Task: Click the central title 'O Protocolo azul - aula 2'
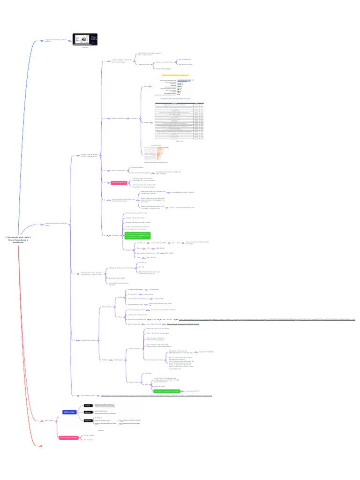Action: pos(18,239)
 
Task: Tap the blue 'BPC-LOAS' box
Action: pos(69,412)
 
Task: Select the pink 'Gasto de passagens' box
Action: pos(119,183)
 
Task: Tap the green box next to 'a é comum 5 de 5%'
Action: pos(167,390)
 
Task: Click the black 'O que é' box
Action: pos(87,405)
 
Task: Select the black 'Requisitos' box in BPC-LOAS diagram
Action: pos(88,420)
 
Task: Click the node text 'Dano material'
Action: pos(134,349)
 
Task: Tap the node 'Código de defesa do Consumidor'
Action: pos(121,268)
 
